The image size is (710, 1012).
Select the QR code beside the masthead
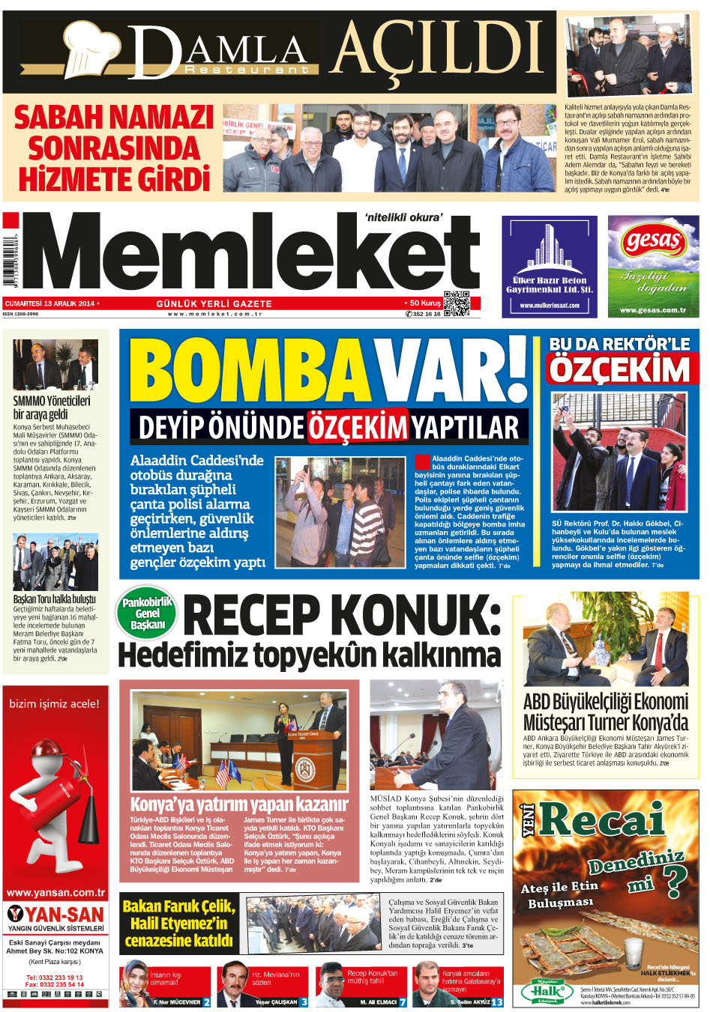point(457,303)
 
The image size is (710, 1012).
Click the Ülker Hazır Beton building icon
point(549,247)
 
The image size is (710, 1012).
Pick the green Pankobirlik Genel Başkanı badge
point(147,613)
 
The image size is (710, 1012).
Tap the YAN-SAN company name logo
point(55,915)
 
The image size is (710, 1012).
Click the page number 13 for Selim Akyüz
point(496,1002)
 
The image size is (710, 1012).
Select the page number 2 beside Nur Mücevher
point(206,1002)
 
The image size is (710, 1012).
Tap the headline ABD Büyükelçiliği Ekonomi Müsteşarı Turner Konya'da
point(605,712)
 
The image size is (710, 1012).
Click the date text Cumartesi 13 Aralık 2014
point(50,303)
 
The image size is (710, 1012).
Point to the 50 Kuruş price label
point(424,303)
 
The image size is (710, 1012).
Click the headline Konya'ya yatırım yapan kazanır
point(239,805)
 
